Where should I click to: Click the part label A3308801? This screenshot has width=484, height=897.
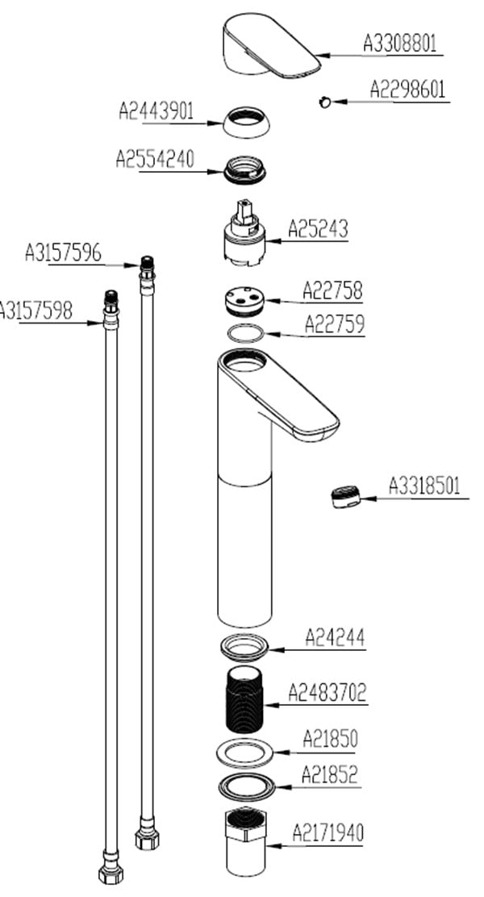(400, 44)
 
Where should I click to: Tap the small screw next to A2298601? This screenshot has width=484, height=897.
(323, 101)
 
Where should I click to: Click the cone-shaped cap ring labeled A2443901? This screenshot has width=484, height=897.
(245, 122)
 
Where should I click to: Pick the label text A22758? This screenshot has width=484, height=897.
(333, 290)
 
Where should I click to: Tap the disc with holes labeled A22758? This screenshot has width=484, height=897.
(243, 302)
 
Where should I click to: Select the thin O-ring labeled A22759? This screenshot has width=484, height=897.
(244, 332)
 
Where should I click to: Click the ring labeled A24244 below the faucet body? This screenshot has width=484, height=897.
(244, 646)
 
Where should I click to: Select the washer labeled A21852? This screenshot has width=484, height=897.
(244, 785)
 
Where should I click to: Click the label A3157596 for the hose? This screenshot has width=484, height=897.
(63, 253)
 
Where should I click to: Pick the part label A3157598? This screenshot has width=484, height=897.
(36, 310)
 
